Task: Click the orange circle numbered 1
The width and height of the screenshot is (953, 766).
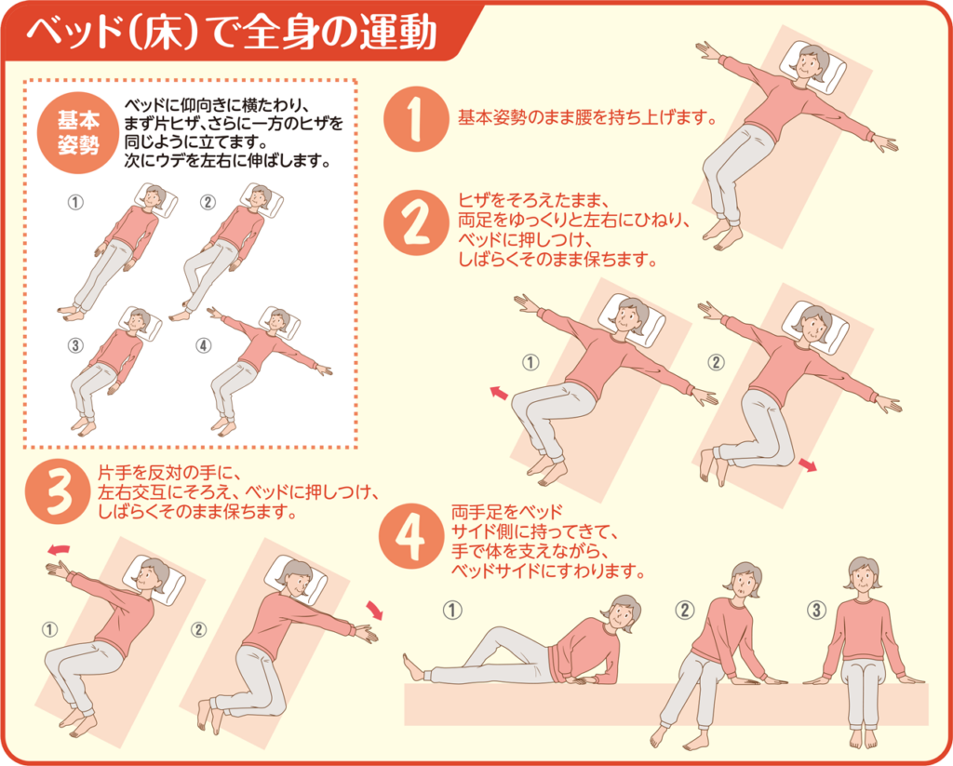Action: coord(416,119)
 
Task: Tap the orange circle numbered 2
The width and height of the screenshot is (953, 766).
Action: coord(416,222)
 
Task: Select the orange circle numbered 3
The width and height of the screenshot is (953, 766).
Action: coord(58,491)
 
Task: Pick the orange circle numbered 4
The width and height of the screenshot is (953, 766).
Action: coord(410,536)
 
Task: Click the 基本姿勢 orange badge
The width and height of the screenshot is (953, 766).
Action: coord(78,132)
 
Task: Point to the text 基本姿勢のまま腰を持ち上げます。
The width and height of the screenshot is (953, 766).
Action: coord(587,116)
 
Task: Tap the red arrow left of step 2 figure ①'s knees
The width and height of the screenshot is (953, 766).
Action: coord(499,393)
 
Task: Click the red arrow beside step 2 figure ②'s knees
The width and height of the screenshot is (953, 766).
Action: coord(807,465)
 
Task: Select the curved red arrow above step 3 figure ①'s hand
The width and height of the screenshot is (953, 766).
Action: coord(59,549)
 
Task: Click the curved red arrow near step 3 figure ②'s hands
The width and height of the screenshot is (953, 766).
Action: coord(375,610)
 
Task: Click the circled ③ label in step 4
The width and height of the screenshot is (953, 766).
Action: coord(815,609)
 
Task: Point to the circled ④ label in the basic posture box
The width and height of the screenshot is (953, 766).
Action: coord(203,345)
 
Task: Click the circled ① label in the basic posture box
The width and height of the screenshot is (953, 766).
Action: coord(74,202)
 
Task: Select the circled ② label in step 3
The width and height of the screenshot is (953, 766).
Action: coord(199,629)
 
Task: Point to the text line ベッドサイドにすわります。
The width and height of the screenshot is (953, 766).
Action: coord(547,571)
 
